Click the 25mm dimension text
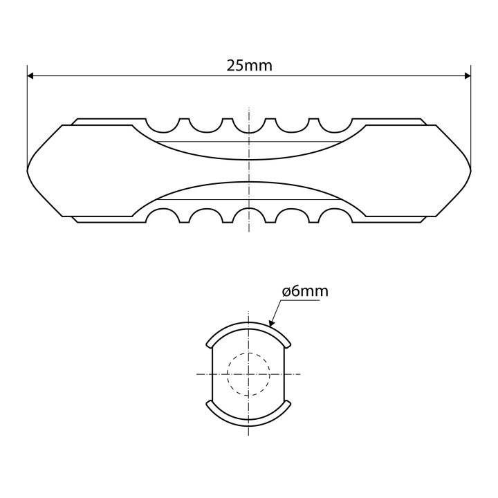tap(249, 66)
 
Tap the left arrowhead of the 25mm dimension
tap(32, 76)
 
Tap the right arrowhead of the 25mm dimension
tap(466, 76)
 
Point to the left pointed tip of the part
tap(28, 169)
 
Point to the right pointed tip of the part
tap(470, 169)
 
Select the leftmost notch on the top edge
tap(164, 124)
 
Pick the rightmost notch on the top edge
tap(334, 124)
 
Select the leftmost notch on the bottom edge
tap(164, 215)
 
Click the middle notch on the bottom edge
tap(248, 215)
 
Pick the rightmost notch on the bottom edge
tap(334, 215)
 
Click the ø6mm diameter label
tap(305, 291)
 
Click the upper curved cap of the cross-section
tap(248, 326)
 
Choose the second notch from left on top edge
tap(206, 125)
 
